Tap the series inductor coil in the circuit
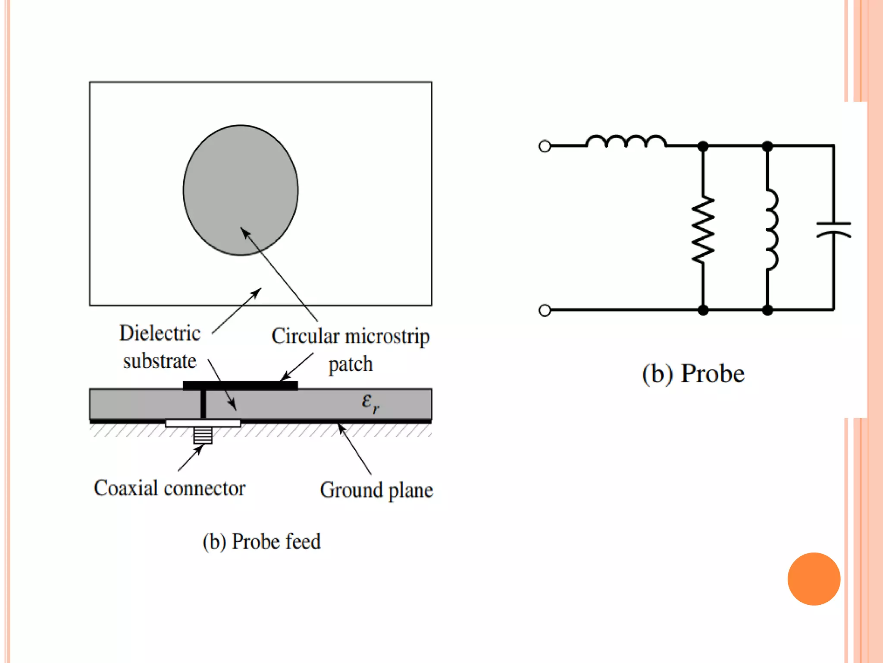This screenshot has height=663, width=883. pos(626,142)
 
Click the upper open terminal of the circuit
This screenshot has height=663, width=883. pos(545,146)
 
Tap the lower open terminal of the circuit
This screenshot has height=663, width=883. pos(545,310)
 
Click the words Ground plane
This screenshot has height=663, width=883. pos(376,490)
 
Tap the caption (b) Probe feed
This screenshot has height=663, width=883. pos(262,541)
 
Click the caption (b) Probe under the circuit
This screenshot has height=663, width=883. pos(693,373)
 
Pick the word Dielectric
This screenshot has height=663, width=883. pos(160,333)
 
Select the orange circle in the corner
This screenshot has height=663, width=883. pos(814,579)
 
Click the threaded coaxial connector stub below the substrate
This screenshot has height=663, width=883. pos(203,435)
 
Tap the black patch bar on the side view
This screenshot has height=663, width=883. pos(240,385)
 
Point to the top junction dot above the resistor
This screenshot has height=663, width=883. pos(703,146)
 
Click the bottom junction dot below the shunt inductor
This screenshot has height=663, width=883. pos(767,310)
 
